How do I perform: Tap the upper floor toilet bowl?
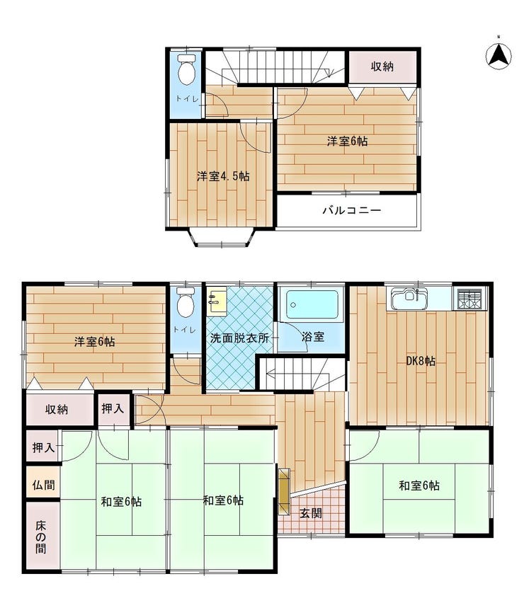tap(187, 69)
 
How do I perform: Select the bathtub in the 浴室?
tap(313, 304)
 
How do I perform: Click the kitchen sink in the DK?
tap(409, 299)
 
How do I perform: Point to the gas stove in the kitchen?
tap(470, 299)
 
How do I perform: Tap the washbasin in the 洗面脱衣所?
tap(217, 301)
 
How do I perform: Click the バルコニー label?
tap(352, 210)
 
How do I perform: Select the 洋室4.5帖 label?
tap(223, 176)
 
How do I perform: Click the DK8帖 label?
tap(421, 361)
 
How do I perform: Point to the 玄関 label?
tap(311, 513)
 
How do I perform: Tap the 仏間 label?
tap(44, 485)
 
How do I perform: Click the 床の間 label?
tap(41, 537)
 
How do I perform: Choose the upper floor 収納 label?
tap(382, 67)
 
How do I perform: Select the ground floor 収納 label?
tap(57, 409)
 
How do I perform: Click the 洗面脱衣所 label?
tap(239, 338)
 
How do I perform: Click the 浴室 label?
tap(313, 338)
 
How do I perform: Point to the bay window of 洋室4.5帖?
tap(222, 237)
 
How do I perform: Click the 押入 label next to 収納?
tap(113, 408)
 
